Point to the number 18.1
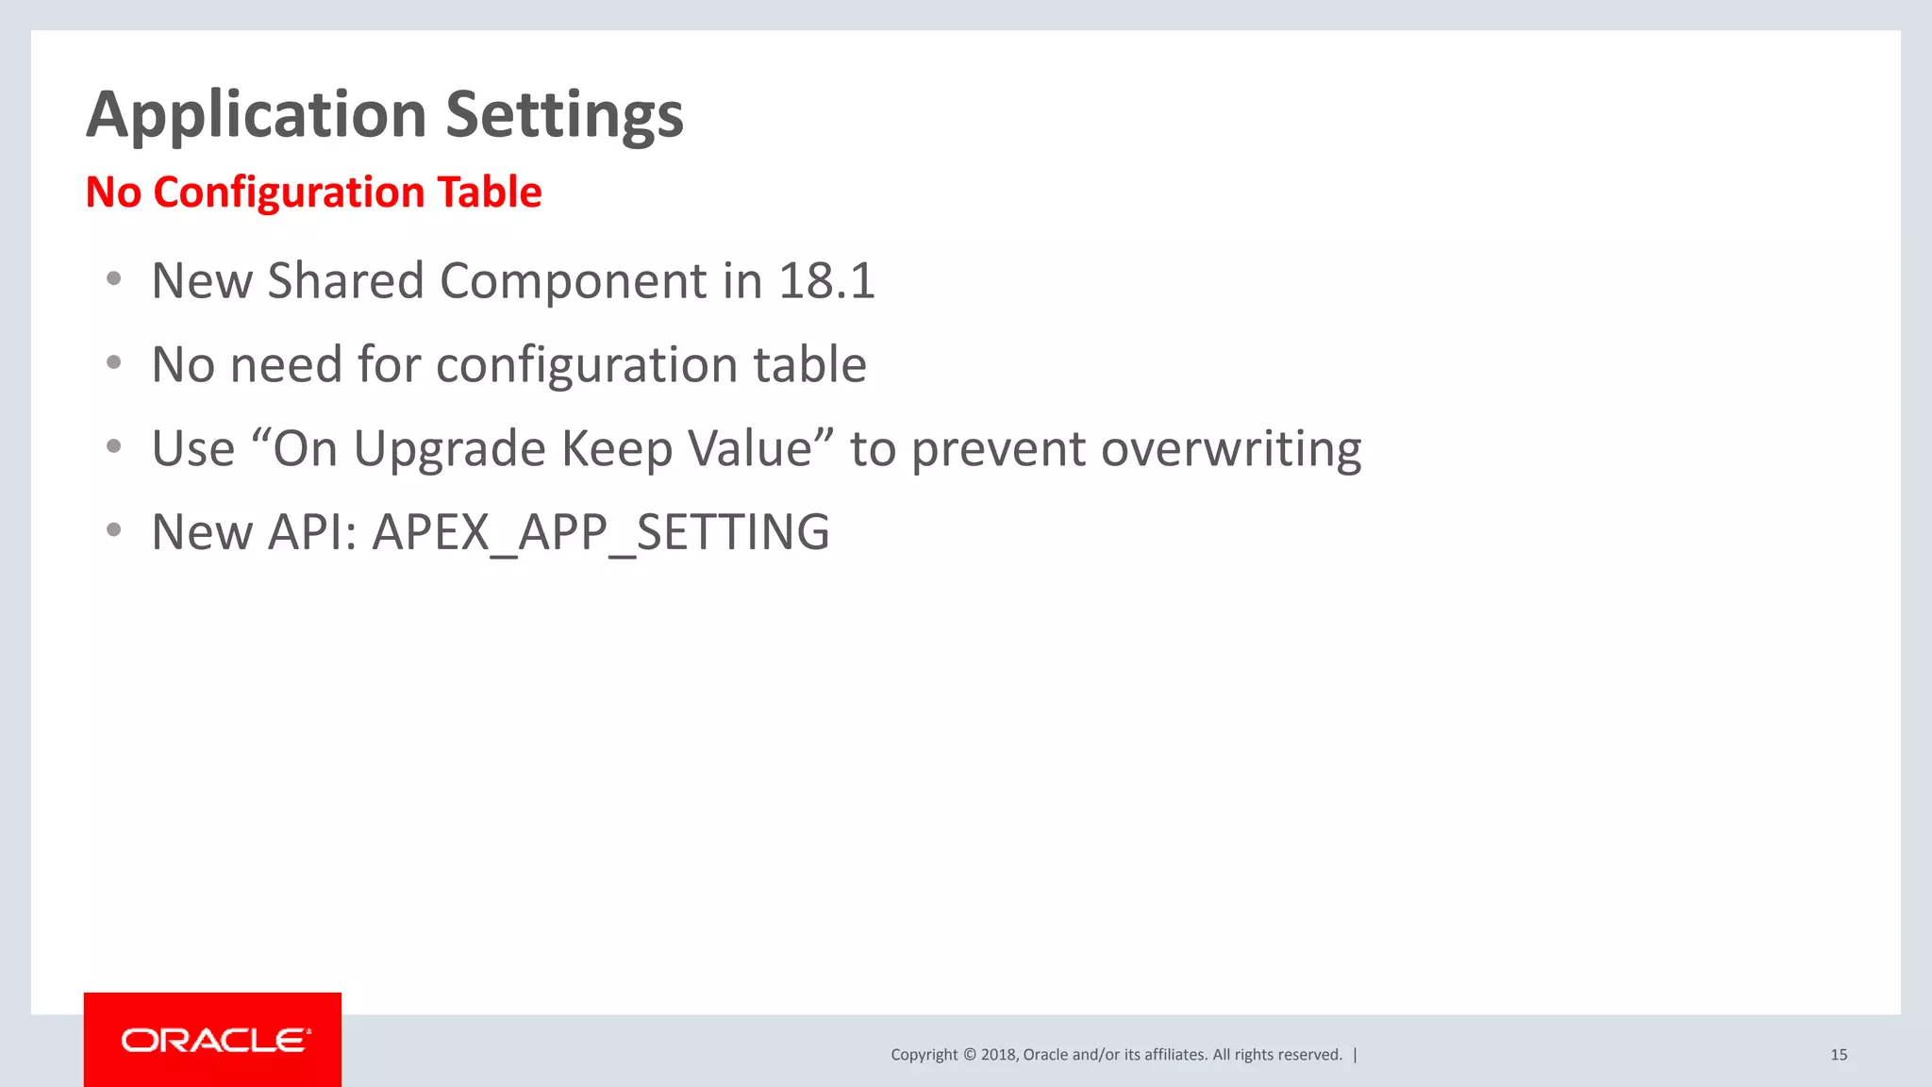(x=826, y=281)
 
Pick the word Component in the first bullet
(x=574, y=281)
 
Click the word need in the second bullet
(x=286, y=365)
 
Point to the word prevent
(x=998, y=448)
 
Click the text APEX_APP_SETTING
(x=601, y=532)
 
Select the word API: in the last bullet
(x=312, y=532)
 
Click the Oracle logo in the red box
(x=213, y=1040)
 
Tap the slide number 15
(x=1839, y=1055)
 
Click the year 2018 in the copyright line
(x=998, y=1055)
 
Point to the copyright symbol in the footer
(x=969, y=1055)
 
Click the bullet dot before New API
(x=114, y=530)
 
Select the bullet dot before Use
(x=114, y=446)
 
